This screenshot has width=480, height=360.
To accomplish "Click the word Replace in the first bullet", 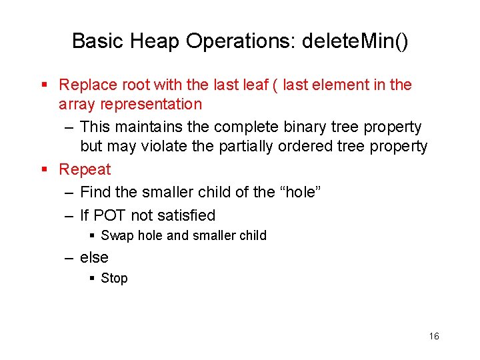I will click(85, 85).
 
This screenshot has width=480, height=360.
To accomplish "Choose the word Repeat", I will click(85, 169).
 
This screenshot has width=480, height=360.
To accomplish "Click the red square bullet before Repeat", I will click(45, 170).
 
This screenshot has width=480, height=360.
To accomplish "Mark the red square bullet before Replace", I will click(45, 85).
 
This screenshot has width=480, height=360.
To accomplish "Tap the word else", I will click(94, 257).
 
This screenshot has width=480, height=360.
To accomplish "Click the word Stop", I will click(114, 278).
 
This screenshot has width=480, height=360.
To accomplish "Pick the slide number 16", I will click(434, 336).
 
